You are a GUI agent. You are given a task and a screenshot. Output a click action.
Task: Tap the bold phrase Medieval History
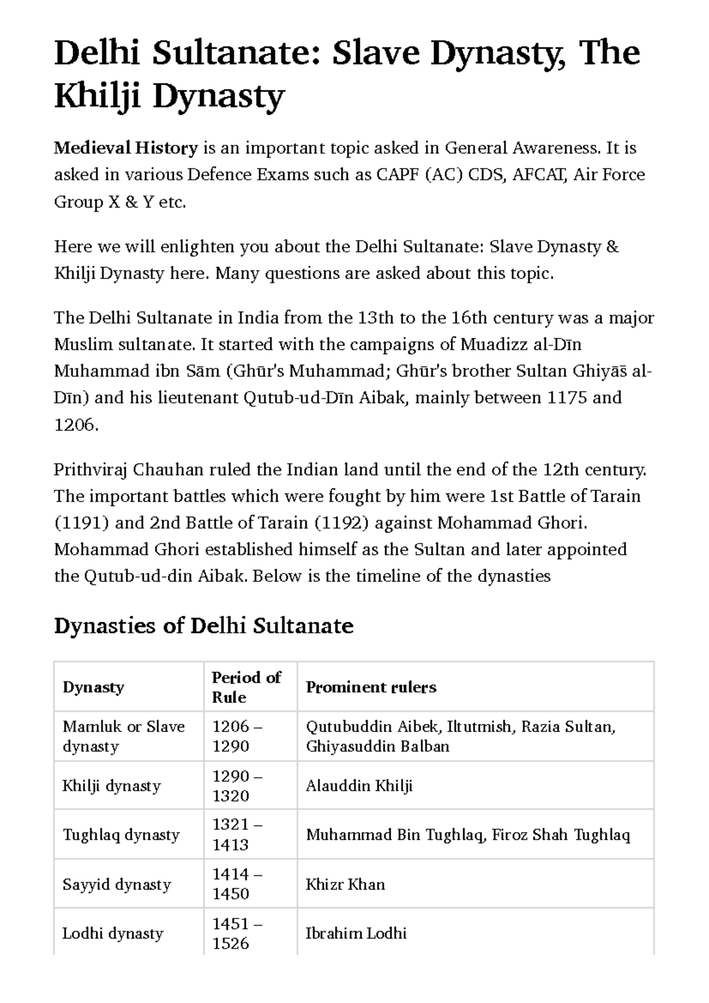pos(125,148)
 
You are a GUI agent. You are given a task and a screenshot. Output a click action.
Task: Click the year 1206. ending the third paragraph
pos(75,425)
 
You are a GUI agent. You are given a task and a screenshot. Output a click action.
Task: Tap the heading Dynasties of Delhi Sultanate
pos(203,626)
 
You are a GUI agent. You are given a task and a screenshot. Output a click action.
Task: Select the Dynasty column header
pos(93,687)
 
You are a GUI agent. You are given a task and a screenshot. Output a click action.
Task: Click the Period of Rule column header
pos(246,687)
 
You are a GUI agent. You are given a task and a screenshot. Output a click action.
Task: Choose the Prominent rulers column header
pos(370,687)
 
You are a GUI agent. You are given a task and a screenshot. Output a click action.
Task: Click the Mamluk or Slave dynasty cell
pos(123,736)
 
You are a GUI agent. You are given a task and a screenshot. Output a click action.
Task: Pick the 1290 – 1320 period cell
pos(237,786)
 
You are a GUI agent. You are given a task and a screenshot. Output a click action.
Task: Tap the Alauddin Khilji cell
pos(359,786)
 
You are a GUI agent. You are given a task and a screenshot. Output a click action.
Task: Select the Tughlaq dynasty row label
pos(121,835)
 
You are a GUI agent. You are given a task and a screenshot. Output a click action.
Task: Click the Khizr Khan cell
pos(345,885)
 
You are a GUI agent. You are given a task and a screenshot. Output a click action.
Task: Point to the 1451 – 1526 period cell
pos(237,934)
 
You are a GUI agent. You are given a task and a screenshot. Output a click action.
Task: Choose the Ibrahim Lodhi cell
pos(356,934)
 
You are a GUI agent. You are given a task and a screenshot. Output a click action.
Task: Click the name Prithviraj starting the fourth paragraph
pos(90,470)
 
